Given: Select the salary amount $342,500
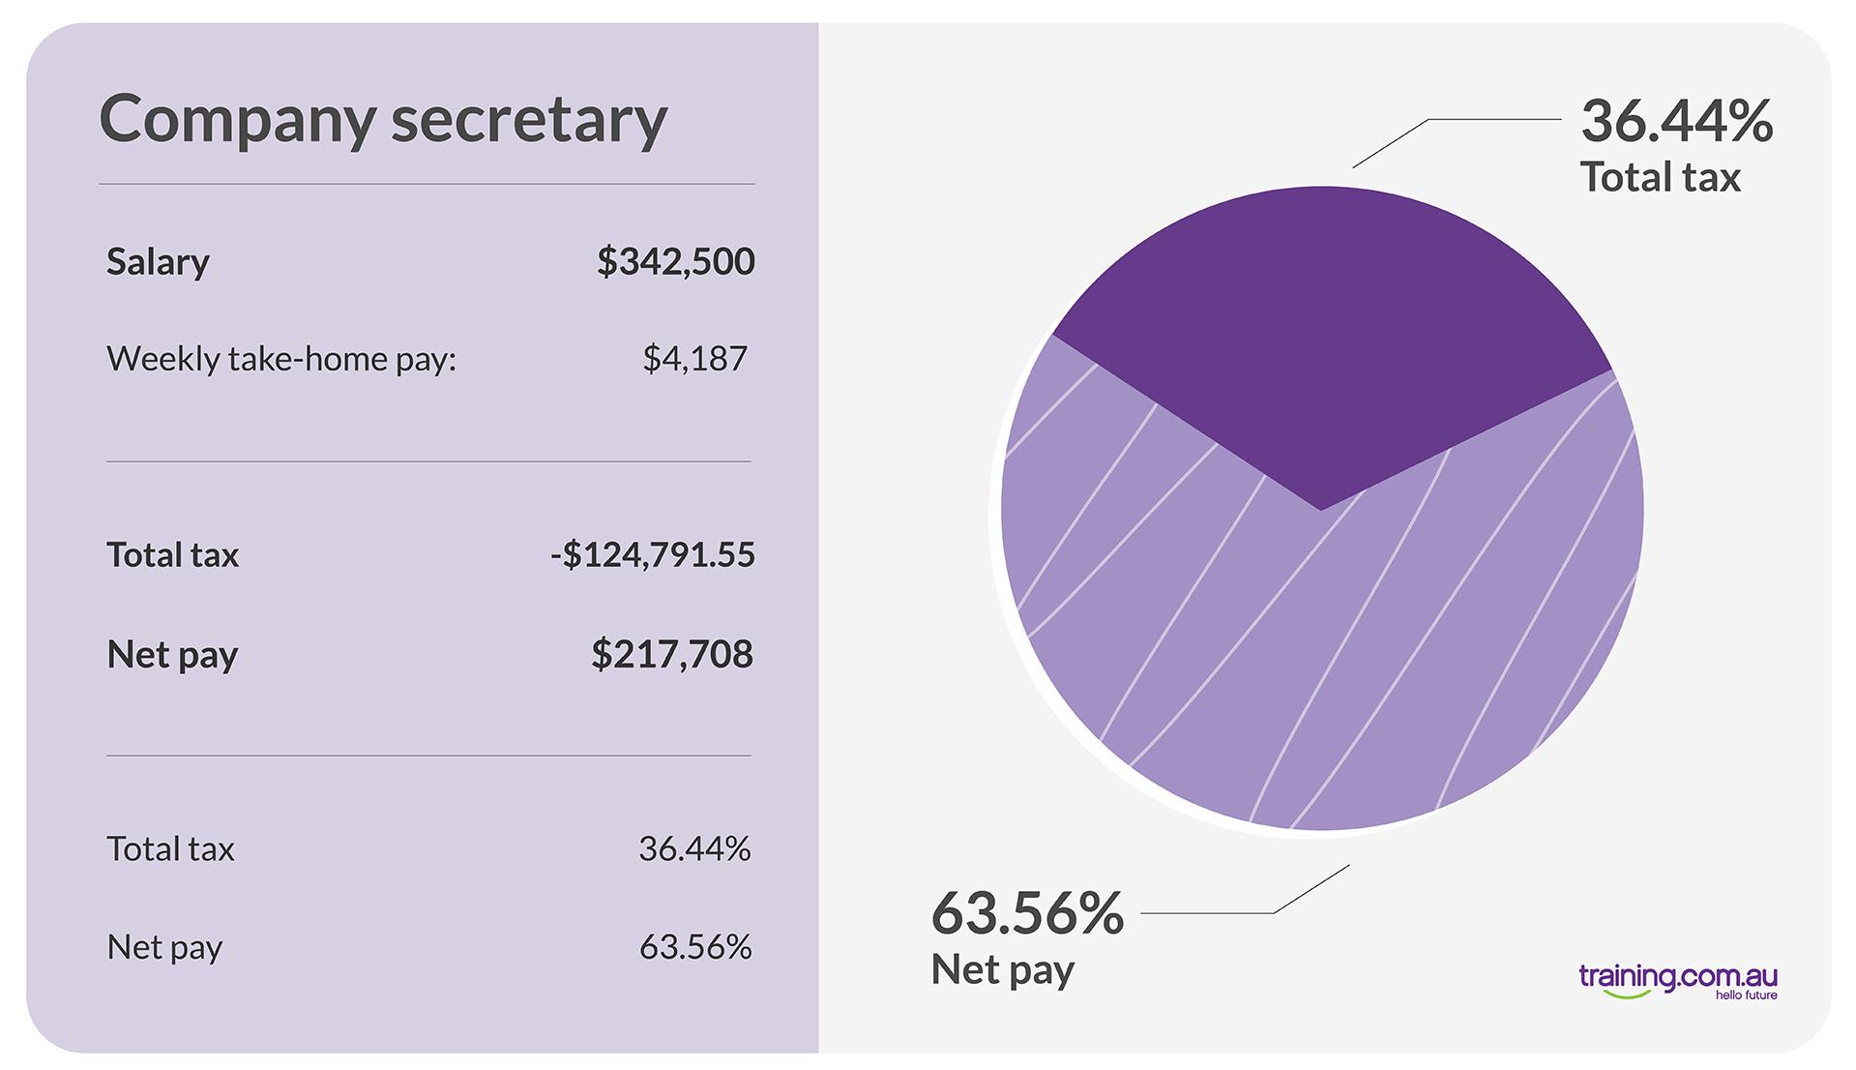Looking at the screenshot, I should [x=675, y=262].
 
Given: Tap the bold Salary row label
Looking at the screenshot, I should [x=158, y=262].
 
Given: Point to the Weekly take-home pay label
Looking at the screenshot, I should [x=280, y=359].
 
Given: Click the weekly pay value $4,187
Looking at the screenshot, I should [x=694, y=359].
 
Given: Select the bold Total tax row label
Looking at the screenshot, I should [x=172, y=555].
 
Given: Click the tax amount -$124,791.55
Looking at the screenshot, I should [x=653, y=555].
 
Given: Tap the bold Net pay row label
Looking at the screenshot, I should [x=172, y=655].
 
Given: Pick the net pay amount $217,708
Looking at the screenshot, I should [x=672, y=655].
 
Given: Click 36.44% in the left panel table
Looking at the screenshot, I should [x=694, y=849].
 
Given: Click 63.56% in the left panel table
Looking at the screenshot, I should [x=694, y=947].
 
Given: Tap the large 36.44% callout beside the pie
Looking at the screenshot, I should [x=1676, y=122].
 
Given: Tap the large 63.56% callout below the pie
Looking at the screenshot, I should [x=1027, y=913].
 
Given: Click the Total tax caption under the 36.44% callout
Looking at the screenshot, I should [x=1660, y=178].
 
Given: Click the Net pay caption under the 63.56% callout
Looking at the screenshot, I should [x=1002, y=969].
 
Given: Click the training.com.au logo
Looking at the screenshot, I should [x=1677, y=977].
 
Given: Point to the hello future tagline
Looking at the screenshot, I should [x=1746, y=996].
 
